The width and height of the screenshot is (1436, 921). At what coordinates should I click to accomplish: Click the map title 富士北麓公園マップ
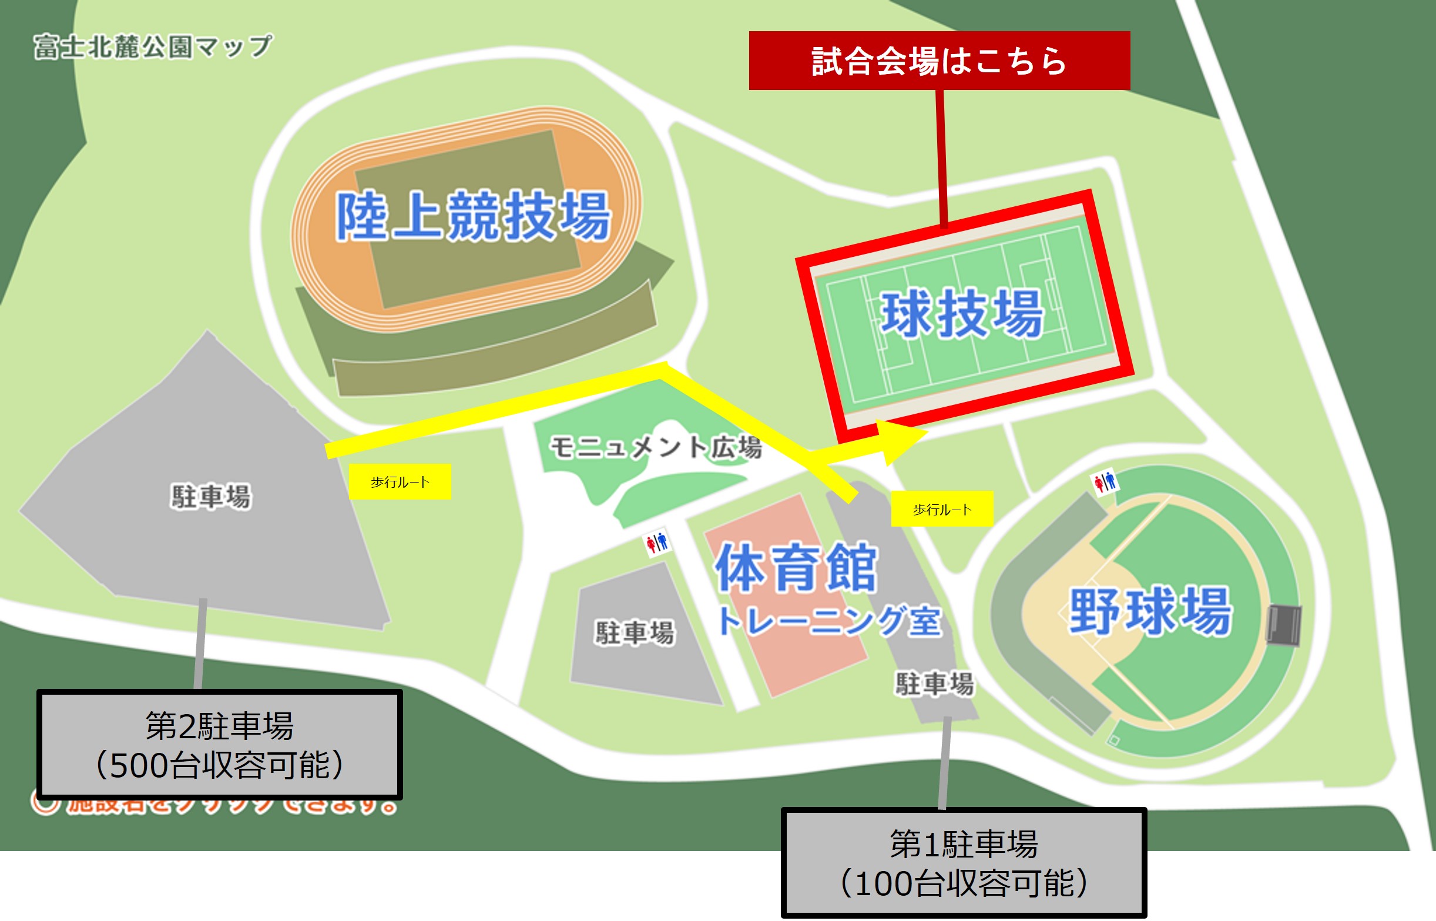[x=152, y=46]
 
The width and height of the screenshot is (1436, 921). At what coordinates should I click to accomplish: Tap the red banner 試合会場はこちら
[x=939, y=61]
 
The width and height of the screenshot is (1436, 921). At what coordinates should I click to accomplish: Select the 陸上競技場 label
[x=473, y=216]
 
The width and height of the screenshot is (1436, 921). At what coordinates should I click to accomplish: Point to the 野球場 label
[x=1150, y=611]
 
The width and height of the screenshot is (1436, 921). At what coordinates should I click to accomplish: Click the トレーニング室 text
[x=828, y=621]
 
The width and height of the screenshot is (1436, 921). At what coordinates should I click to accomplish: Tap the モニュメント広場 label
[x=655, y=447]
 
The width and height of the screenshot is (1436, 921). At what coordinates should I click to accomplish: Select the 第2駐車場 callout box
[x=219, y=745]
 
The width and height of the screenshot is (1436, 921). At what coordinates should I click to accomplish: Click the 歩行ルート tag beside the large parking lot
[x=400, y=481]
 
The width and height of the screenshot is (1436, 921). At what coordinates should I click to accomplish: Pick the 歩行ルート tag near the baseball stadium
[x=942, y=509]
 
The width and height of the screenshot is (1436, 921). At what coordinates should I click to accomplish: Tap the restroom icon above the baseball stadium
[x=1105, y=481]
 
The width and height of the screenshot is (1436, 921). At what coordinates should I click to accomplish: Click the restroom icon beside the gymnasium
[x=656, y=542]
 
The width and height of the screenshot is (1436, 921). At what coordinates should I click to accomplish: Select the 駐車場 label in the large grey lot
[x=210, y=497]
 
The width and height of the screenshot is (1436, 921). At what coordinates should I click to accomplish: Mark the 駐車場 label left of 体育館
[x=635, y=632]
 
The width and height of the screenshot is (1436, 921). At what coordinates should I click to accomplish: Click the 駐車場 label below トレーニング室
[x=934, y=684]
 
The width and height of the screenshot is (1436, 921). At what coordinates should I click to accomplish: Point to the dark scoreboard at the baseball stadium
[x=1284, y=624]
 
